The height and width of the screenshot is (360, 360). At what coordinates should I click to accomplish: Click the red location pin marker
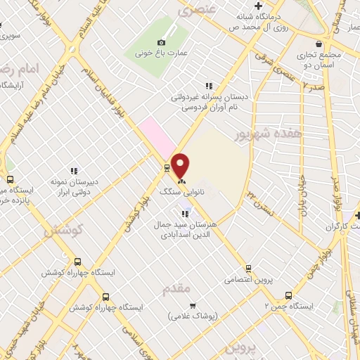coord(181,165)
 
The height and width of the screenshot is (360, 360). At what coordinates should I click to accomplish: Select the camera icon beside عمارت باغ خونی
coord(161,43)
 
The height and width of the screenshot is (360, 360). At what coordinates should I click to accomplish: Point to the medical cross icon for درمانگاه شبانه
coord(259,6)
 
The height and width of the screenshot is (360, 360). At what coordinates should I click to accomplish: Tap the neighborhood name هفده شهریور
coord(278,132)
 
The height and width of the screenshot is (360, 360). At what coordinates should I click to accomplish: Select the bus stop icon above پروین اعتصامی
coord(248,268)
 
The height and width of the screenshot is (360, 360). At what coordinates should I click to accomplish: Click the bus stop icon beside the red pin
coord(167,167)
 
